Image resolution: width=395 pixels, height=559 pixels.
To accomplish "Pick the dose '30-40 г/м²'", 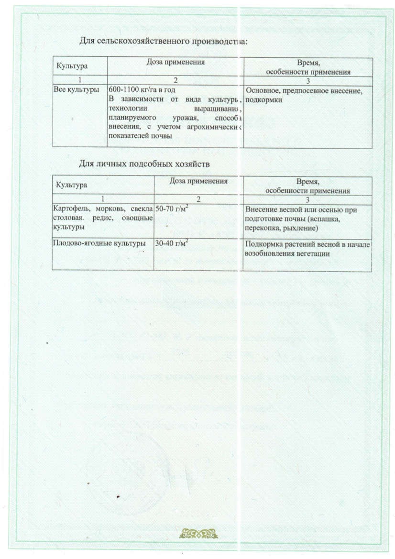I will tap(171, 244).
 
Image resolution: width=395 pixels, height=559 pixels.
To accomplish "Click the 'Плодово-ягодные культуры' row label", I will tap(99, 244).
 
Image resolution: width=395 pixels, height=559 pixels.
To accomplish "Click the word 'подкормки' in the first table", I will tap(263, 100).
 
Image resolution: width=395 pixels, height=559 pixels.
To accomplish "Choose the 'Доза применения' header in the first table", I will tap(176, 62).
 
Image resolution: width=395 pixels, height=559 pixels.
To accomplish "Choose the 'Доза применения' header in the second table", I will tap(198, 181).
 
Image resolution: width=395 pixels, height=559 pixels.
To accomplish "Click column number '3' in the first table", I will tap(308, 80).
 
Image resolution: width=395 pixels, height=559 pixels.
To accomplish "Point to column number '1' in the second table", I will tap(102, 198).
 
